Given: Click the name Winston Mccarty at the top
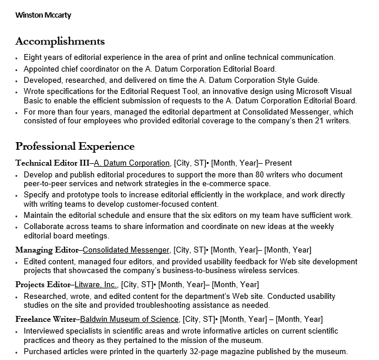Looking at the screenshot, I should (x=43, y=15).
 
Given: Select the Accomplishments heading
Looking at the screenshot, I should (x=60, y=41).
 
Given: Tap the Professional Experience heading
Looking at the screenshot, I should (x=75, y=146).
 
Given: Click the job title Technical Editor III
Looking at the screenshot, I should (x=52, y=163).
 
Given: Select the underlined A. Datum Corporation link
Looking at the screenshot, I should (x=132, y=163).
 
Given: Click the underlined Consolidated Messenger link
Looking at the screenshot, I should (x=126, y=250).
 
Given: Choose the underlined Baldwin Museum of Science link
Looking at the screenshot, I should (x=129, y=319).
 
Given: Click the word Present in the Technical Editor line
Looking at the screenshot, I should (x=279, y=163).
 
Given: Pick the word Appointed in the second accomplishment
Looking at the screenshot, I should (x=42, y=69).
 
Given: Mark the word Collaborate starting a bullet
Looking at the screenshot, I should (x=45, y=226).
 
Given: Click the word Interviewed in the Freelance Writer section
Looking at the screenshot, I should (x=45, y=331).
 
